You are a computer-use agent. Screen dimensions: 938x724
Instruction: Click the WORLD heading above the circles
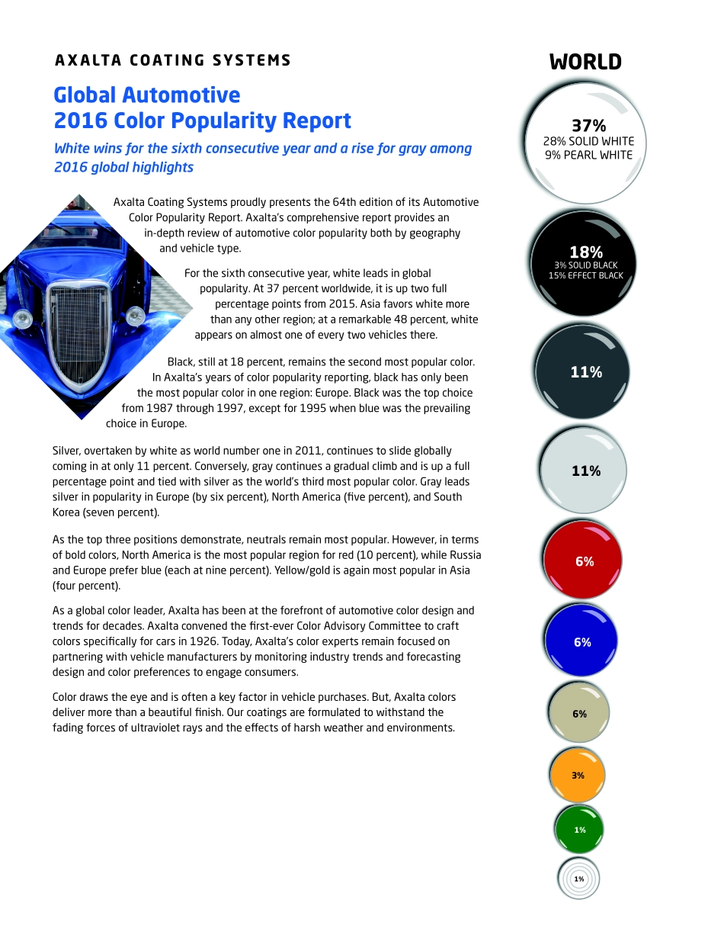(x=585, y=63)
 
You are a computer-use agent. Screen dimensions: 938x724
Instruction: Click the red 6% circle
(x=583, y=561)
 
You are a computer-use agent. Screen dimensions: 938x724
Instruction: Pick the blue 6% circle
(x=581, y=641)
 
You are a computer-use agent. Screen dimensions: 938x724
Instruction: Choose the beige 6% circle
(x=579, y=713)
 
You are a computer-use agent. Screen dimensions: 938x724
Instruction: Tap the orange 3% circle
(x=578, y=775)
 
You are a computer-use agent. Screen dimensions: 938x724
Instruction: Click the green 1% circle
(x=578, y=830)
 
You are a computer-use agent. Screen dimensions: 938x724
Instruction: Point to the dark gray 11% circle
(x=583, y=372)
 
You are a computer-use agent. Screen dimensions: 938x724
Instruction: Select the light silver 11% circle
(x=583, y=471)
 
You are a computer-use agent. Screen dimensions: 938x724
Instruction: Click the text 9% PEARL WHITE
(x=588, y=155)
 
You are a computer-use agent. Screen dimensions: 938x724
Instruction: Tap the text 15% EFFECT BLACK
(x=585, y=275)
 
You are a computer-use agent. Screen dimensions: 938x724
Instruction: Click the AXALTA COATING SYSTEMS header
(x=173, y=60)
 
